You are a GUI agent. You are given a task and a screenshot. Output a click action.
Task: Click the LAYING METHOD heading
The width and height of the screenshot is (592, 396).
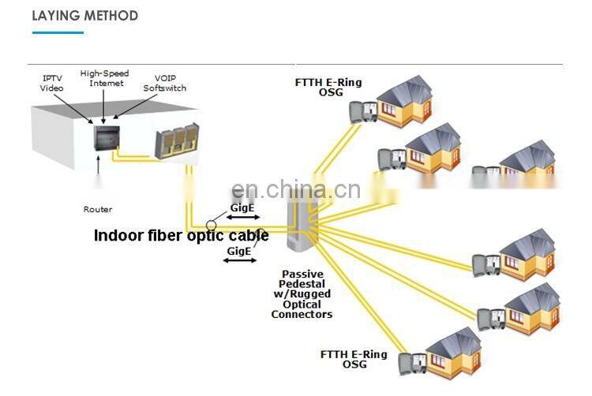click(85, 16)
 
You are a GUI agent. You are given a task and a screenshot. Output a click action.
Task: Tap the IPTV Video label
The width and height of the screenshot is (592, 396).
click(52, 83)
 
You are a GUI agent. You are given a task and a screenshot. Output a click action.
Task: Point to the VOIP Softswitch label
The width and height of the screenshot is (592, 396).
click(164, 83)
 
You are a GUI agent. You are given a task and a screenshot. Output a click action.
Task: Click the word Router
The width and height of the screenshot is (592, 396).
click(98, 209)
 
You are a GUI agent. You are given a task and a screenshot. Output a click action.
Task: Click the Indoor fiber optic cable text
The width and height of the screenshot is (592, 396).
click(182, 235)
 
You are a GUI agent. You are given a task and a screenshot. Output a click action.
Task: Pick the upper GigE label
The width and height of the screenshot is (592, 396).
click(241, 208)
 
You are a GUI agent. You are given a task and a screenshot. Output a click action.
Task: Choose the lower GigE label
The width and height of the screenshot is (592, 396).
click(239, 251)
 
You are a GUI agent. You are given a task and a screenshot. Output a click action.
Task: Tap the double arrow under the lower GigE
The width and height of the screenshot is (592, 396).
click(239, 260)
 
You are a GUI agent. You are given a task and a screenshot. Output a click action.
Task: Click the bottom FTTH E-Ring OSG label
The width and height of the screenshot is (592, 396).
click(354, 359)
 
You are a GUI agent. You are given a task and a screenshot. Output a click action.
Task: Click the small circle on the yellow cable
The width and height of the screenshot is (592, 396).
click(212, 226)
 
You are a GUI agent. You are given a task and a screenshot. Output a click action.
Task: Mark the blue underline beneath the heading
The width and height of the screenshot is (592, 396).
click(58, 32)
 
